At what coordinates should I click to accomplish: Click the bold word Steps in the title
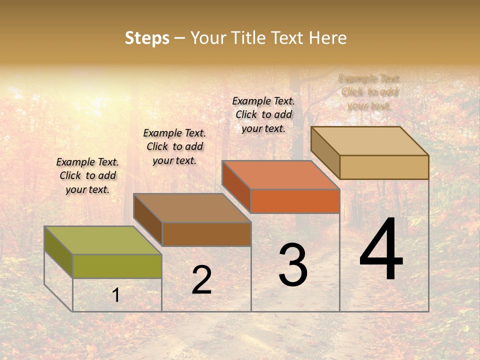pyautogui.click(x=147, y=38)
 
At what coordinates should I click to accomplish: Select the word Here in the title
pyautogui.click(x=327, y=38)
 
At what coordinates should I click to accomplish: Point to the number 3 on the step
pyautogui.click(x=293, y=265)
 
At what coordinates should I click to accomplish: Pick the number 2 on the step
pyautogui.click(x=201, y=280)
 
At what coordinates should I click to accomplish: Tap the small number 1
pyautogui.click(x=116, y=295)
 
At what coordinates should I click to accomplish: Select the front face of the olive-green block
pyautogui.click(x=117, y=266)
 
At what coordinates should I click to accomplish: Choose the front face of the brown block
pyautogui.click(x=206, y=234)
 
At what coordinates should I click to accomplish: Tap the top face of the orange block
pyautogui.click(x=280, y=175)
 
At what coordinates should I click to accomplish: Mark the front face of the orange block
pyautogui.click(x=295, y=201)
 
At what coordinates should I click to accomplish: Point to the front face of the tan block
pyautogui.click(x=384, y=167)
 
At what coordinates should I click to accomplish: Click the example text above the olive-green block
pyautogui.click(x=87, y=175)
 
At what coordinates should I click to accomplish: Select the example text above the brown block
pyautogui.click(x=174, y=146)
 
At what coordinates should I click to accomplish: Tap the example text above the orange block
pyautogui.click(x=263, y=114)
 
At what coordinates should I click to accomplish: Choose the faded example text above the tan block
pyautogui.click(x=369, y=92)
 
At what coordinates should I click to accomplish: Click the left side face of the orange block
pyautogui.click(x=236, y=186)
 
